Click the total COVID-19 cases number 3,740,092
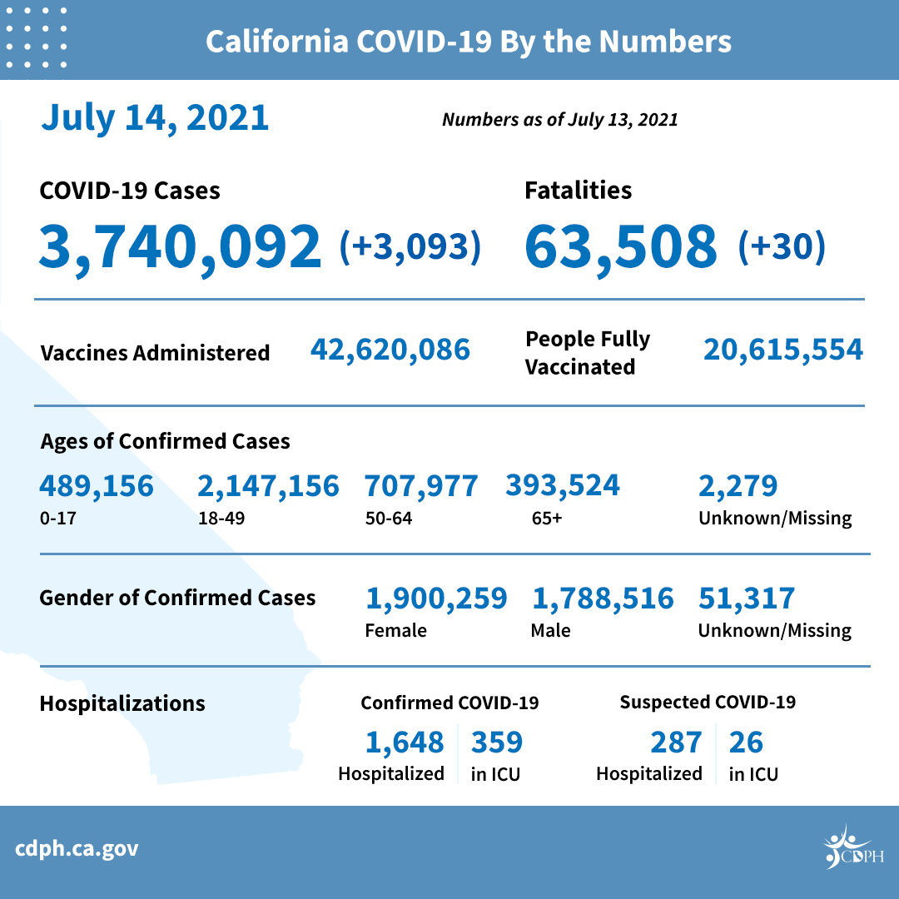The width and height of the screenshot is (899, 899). point(180,246)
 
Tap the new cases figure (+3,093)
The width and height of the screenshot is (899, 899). point(410,246)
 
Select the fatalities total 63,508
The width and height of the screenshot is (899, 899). point(620,246)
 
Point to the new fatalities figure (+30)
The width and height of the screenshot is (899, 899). point(782,246)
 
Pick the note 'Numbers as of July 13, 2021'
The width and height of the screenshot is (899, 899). point(559,120)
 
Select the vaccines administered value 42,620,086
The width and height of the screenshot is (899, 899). point(390,350)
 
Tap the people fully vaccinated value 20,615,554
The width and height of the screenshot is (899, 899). point(783,350)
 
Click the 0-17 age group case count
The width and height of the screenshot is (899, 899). point(97,486)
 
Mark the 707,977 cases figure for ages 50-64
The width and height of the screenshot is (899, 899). point(421,486)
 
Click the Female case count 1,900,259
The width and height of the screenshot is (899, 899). point(436,599)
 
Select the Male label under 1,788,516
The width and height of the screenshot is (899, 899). point(551,630)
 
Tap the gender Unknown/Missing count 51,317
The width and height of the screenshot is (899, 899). point(747,599)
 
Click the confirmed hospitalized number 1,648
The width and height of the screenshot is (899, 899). point(405,742)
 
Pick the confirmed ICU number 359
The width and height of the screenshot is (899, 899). point(497,742)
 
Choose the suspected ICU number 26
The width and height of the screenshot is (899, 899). point(746,742)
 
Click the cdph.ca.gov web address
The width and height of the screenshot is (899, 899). point(77,849)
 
